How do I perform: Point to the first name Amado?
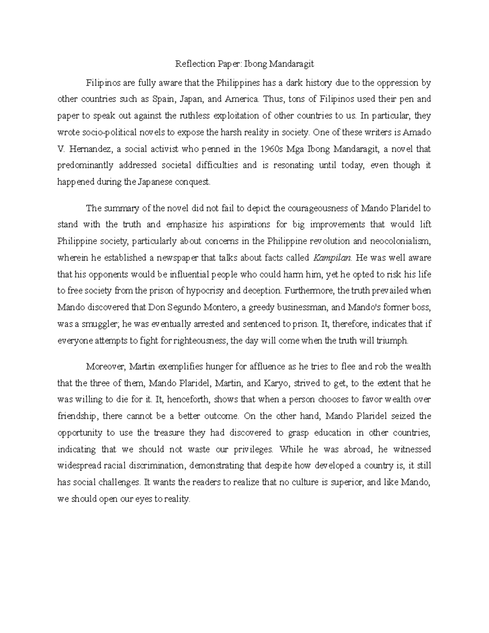(x=417, y=132)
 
